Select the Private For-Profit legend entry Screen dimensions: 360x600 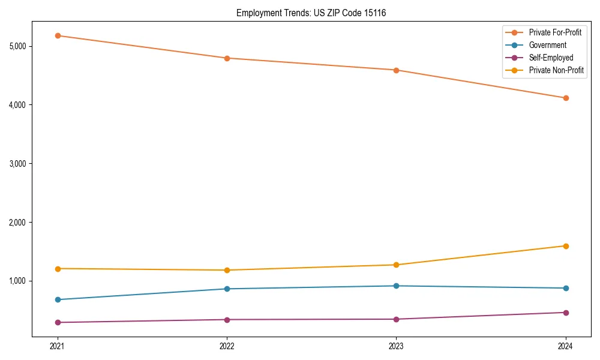555,32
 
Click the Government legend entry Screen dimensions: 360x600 547,45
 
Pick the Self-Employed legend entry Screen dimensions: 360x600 551,58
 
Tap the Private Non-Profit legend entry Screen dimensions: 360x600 556,70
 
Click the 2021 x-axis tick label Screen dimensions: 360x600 58,346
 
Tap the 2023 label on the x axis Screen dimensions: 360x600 396,346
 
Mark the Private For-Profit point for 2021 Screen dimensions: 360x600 58,35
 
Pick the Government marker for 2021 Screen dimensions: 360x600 58,299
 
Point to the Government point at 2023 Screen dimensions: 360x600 396,286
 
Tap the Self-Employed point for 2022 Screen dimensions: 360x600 227,319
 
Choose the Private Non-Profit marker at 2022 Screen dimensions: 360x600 227,270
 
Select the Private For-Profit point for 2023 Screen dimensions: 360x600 396,70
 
